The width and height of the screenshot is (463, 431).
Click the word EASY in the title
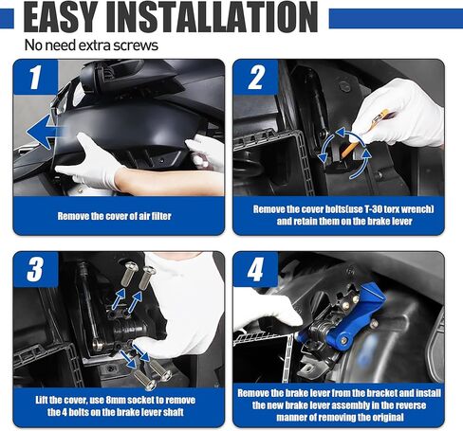coord(61,17)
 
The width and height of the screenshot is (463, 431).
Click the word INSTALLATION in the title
coord(212,17)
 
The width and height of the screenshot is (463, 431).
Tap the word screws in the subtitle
coord(136,45)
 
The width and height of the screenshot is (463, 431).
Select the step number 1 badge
coord(35,77)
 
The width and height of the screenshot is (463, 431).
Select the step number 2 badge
coord(255,77)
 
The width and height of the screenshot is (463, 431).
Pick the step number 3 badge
coord(35,269)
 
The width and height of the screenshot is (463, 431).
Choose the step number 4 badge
coord(255,269)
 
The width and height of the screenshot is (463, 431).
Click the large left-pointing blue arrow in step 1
coord(45,132)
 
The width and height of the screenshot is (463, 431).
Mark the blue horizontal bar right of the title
coord(396,18)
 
